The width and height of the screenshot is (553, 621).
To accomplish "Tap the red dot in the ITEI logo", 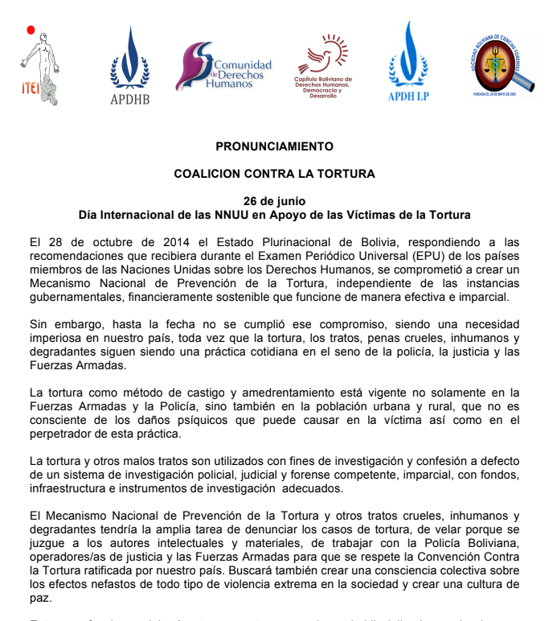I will click(31, 31).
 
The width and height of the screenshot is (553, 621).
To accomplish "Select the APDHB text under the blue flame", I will click(129, 100).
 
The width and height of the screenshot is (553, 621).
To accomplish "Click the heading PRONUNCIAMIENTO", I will click(274, 146).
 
